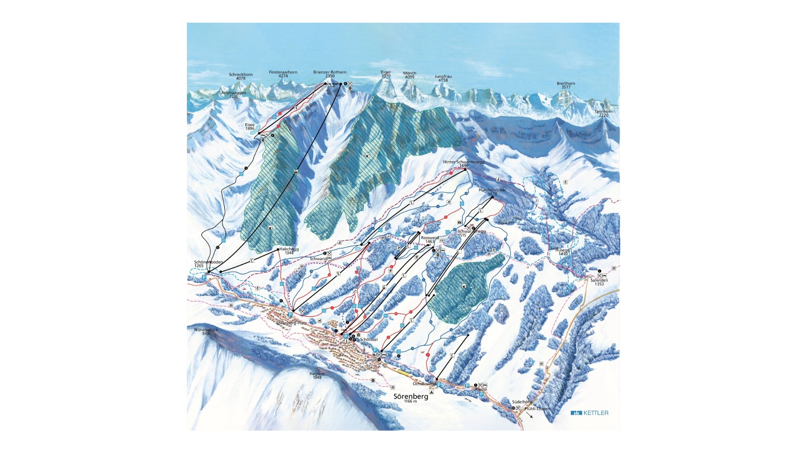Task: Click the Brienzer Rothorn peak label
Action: tap(330, 74)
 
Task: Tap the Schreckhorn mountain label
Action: tap(241, 76)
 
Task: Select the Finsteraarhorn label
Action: tap(283, 74)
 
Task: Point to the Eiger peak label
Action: tap(386, 74)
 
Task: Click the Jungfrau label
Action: tap(443, 78)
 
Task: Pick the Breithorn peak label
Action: tap(566, 85)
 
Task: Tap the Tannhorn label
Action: tap(603, 113)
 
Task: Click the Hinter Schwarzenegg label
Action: tap(463, 164)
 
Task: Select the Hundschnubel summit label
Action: tap(492, 191)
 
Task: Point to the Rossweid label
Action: tap(429, 239)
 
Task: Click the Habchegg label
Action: tap(289, 251)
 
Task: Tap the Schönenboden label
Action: tap(208, 264)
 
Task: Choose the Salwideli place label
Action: tap(599, 282)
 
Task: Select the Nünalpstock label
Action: tap(206, 331)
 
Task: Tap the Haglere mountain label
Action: tap(317, 375)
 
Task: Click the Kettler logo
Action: tap(589, 413)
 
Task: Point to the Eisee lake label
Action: tap(250, 126)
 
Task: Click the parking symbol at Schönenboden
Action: tap(204, 277)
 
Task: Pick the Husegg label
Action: tap(562, 252)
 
